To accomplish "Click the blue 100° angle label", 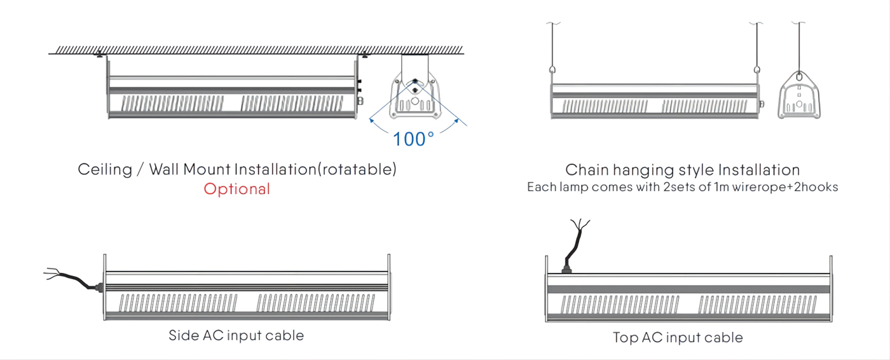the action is [x=413, y=139].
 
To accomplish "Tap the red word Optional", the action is [x=236, y=189].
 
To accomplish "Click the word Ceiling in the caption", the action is [x=105, y=170].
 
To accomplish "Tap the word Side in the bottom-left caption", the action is [x=184, y=335].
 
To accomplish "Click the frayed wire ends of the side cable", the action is [x=52, y=273].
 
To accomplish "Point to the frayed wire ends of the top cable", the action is [x=580, y=225].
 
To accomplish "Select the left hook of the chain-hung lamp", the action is [x=552, y=70].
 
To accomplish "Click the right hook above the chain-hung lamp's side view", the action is [x=757, y=70].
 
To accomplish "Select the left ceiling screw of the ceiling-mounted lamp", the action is [x=100, y=54].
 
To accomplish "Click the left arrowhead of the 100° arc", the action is [x=371, y=120].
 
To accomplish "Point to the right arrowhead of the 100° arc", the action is [x=456, y=120].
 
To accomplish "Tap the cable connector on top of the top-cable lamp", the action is [x=566, y=269].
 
